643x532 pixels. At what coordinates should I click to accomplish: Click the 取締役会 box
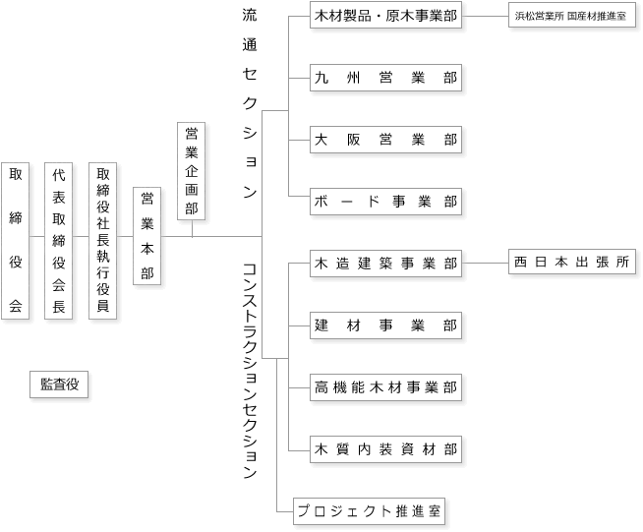click(15, 241)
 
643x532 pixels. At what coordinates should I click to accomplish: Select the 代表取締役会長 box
click(59, 241)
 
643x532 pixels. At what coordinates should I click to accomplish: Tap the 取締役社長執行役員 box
click(103, 241)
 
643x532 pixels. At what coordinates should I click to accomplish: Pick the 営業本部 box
click(146, 236)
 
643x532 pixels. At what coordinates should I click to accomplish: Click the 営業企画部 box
click(191, 171)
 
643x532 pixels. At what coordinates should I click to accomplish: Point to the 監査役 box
click(59, 384)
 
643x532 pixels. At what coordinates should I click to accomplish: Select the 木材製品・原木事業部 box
click(385, 16)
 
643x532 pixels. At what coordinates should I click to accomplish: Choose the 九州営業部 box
click(385, 78)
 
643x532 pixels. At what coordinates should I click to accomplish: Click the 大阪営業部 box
click(385, 140)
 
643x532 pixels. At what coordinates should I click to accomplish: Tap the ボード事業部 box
click(385, 202)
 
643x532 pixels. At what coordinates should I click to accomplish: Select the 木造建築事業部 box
click(385, 264)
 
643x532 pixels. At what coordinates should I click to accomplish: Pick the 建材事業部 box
click(385, 325)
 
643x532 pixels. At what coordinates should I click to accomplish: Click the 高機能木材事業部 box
click(385, 387)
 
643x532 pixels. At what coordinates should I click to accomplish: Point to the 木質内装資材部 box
click(385, 449)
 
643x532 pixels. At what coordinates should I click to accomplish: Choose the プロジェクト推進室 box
click(369, 511)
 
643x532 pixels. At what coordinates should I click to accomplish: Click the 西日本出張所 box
click(572, 262)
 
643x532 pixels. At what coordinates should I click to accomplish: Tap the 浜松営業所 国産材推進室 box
click(572, 16)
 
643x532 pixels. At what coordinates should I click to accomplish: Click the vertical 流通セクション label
click(250, 104)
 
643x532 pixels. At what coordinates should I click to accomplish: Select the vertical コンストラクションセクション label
click(250, 371)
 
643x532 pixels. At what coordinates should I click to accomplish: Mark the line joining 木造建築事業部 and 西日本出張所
click(485, 263)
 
